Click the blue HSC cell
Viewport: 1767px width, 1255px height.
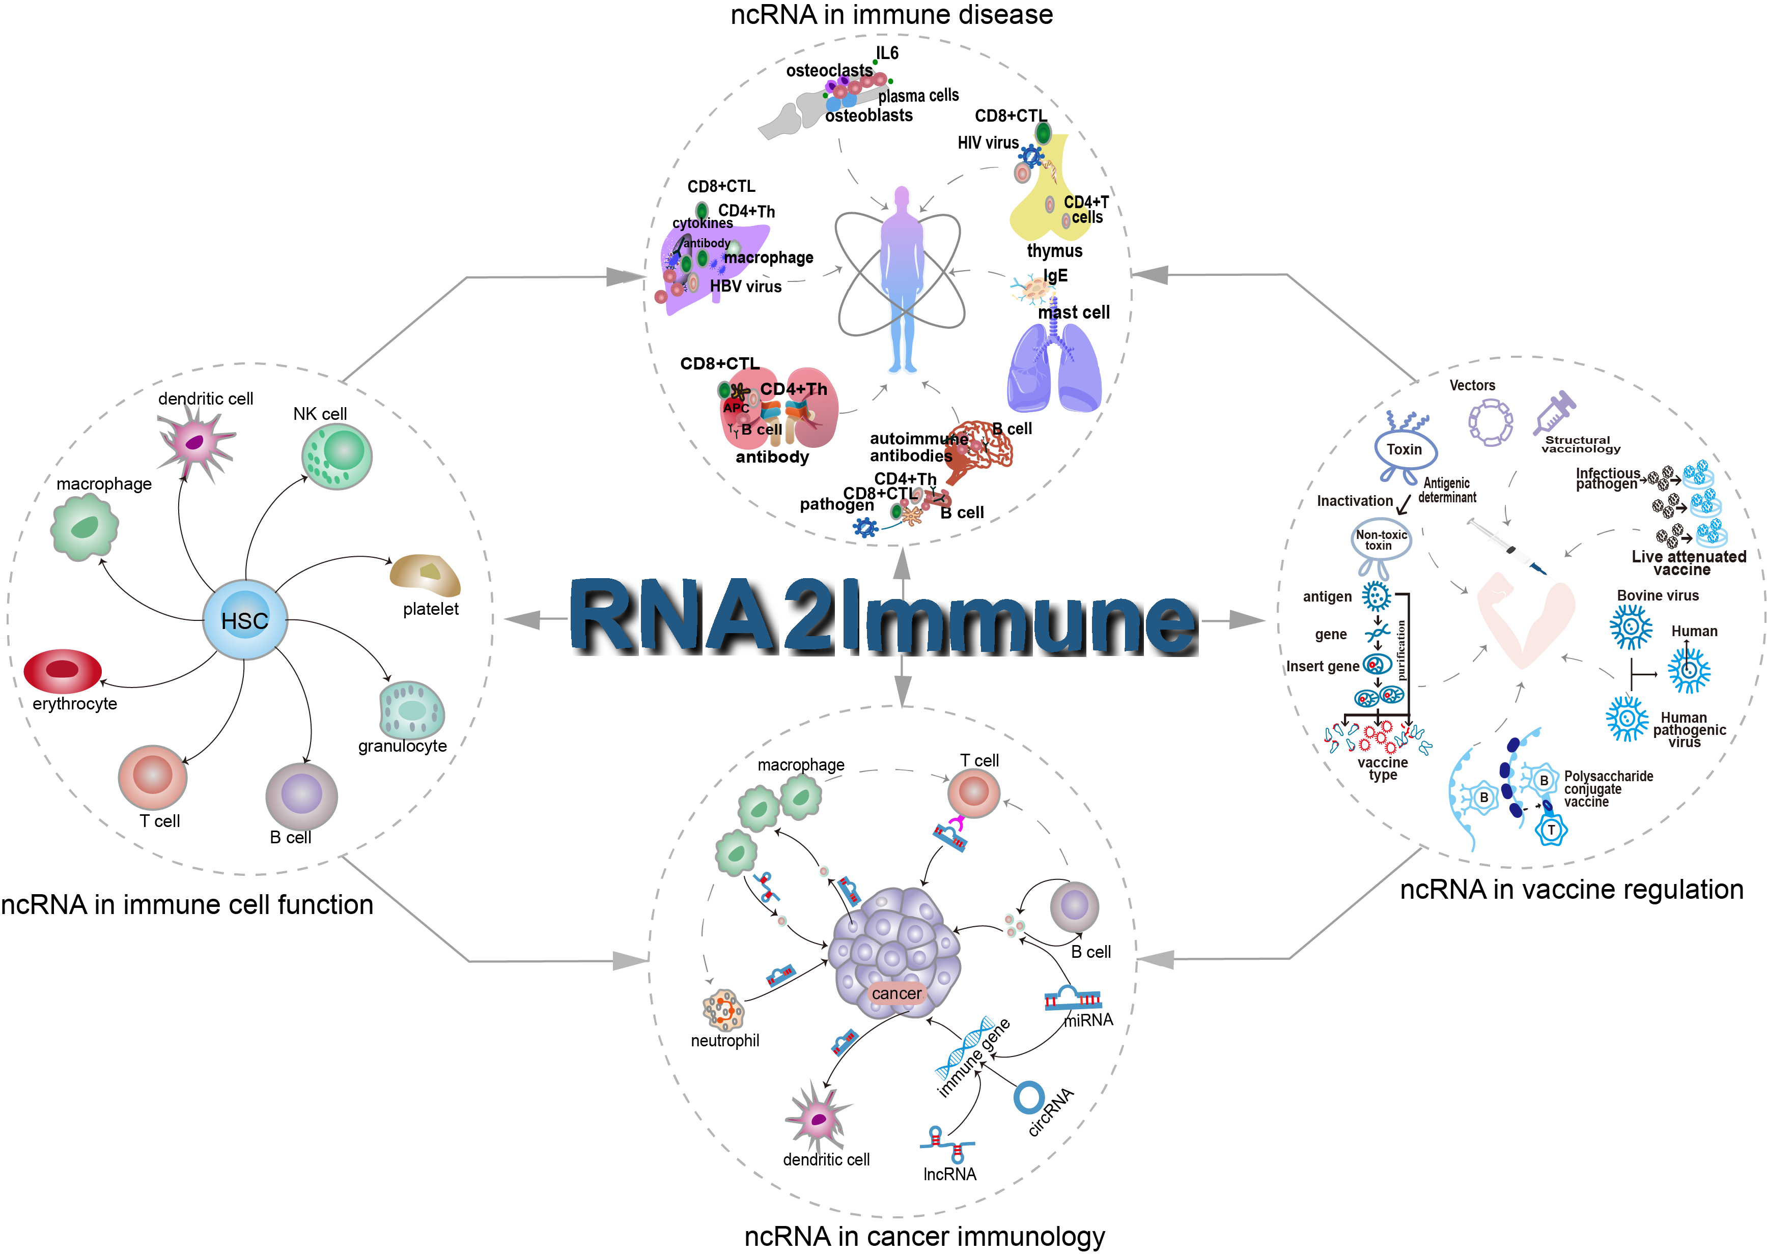point(245,620)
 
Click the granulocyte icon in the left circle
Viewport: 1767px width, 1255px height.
point(412,709)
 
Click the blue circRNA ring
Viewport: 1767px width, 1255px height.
point(1029,1097)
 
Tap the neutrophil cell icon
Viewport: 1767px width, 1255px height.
point(723,1009)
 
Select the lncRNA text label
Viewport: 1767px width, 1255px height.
point(949,1175)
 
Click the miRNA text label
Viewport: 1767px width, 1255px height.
point(1088,1020)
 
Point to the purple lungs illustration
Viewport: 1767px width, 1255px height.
point(1054,367)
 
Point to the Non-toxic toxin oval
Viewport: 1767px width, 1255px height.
point(1381,540)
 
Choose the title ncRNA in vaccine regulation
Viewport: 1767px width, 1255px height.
point(1572,890)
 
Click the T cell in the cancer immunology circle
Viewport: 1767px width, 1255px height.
point(973,792)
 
